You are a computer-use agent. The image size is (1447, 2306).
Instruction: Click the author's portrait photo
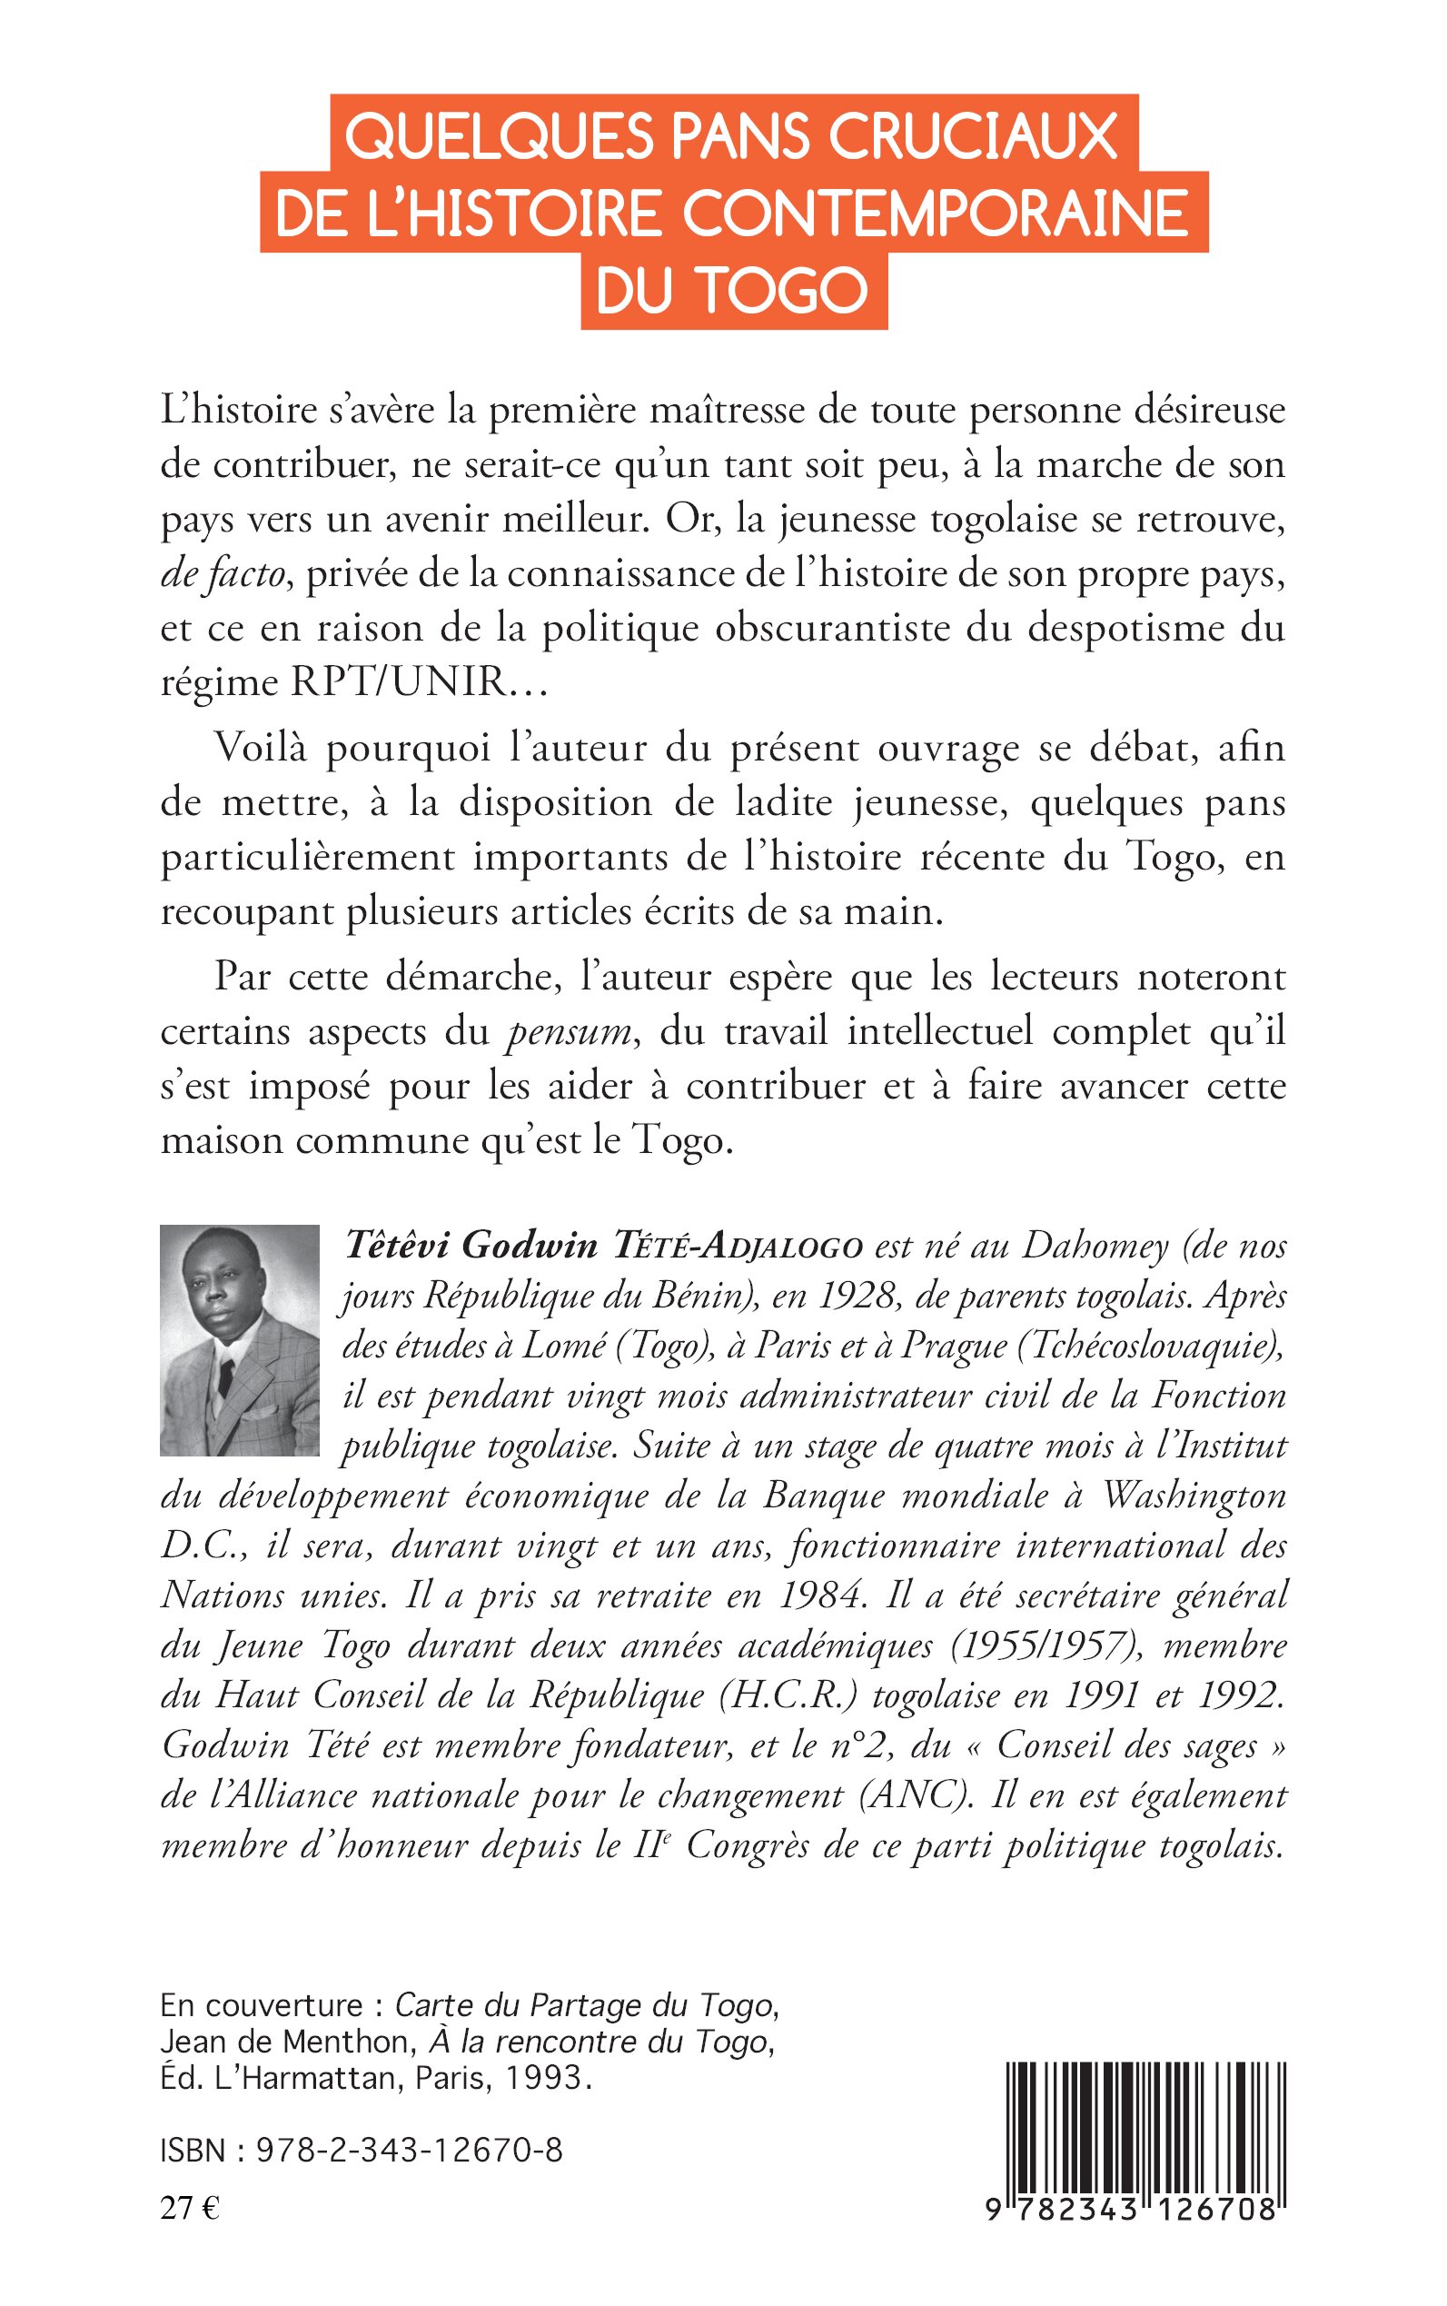point(239,1340)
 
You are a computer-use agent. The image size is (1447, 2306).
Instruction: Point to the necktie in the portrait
point(226,1376)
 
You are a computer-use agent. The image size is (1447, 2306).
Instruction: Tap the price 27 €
point(191,2209)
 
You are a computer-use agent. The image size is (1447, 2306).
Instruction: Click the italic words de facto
point(223,573)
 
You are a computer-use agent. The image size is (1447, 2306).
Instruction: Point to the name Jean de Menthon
point(285,2041)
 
